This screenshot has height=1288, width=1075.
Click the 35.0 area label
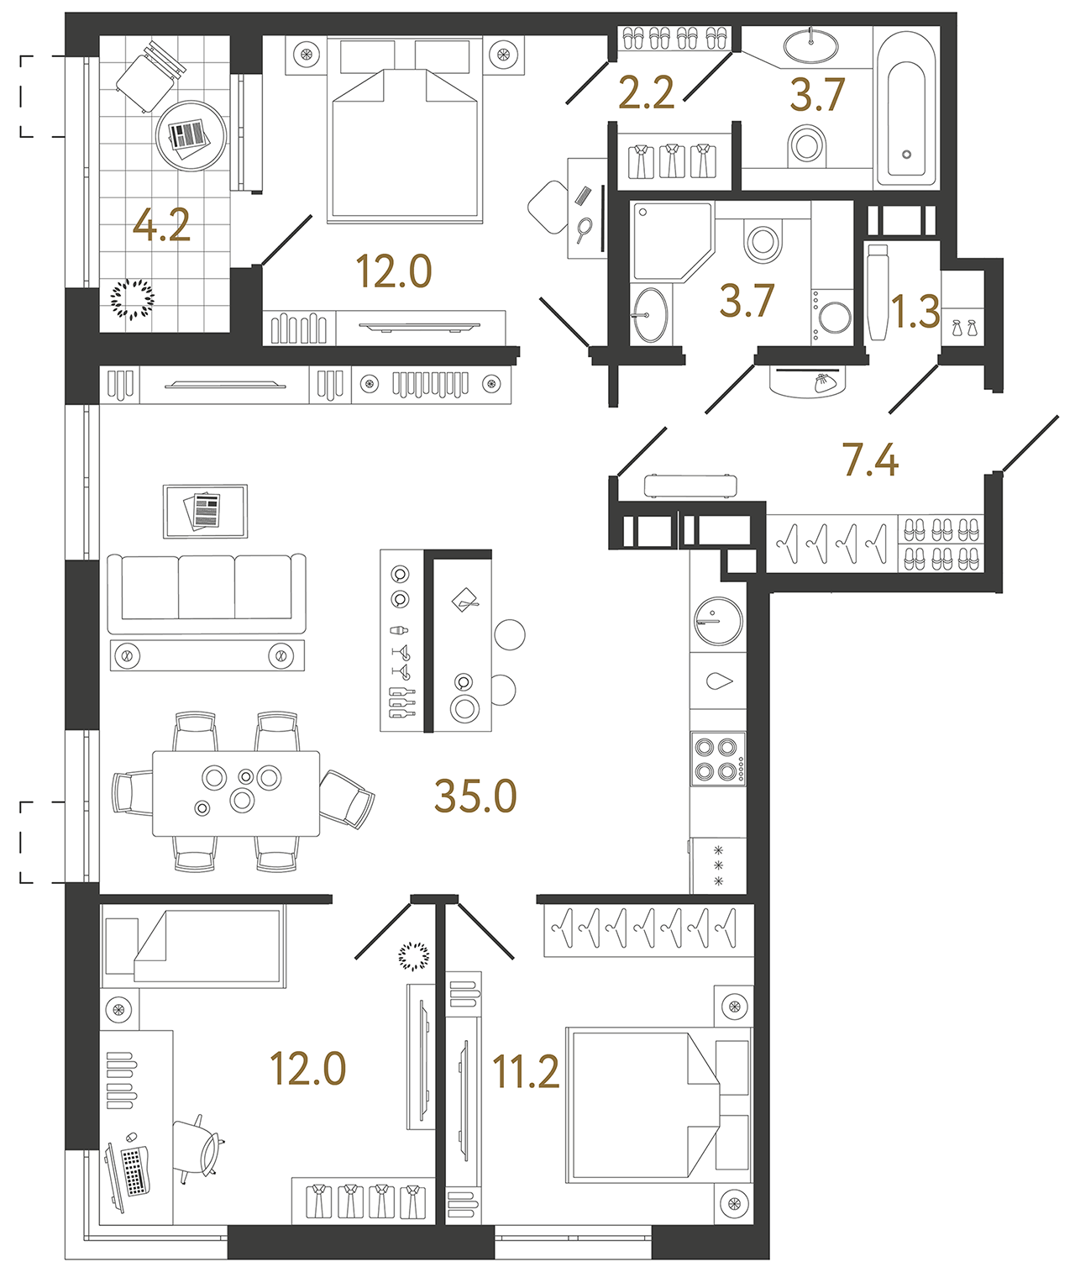pyautogui.click(x=475, y=796)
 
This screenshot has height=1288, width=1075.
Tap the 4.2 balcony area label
pyautogui.click(x=161, y=225)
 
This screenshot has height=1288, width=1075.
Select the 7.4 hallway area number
pyautogui.click(x=870, y=460)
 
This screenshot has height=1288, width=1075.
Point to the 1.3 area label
pyautogui.click(x=915, y=312)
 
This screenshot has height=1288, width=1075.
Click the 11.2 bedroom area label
pyautogui.click(x=526, y=1072)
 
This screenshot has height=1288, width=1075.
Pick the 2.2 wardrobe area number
pyautogui.click(x=646, y=92)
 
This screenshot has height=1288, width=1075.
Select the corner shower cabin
pyautogui.click(x=669, y=239)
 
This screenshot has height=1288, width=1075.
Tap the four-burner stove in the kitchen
pyautogui.click(x=717, y=759)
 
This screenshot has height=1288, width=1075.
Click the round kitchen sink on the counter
pyautogui.click(x=719, y=621)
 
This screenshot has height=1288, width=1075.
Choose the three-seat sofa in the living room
pyautogui.click(x=207, y=593)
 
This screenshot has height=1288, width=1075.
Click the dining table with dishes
pyautogui.click(x=236, y=793)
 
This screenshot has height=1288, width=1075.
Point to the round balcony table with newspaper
pyautogui.click(x=191, y=135)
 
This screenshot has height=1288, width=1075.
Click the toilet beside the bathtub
pyautogui.click(x=807, y=145)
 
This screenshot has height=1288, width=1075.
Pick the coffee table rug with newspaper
pyautogui.click(x=205, y=511)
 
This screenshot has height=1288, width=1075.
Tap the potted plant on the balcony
pyautogui.click(x=133, y=298)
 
